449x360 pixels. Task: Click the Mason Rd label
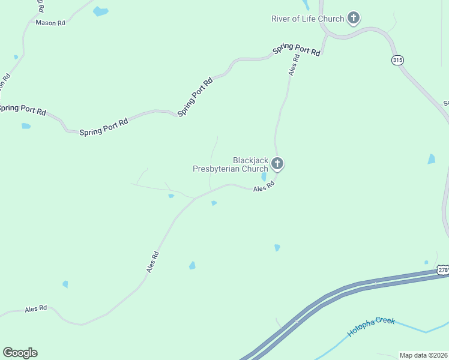point(50,23)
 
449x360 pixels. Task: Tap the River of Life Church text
point(307,19)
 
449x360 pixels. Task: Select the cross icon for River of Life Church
point(354,18)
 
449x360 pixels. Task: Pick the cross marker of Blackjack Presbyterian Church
point(277,163)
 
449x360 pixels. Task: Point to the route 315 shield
point(397,60)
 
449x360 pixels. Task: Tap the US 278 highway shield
point(442,271)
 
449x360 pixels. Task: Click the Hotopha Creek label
point(371,327)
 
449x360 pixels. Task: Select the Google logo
point(20,353)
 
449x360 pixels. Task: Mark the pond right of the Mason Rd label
point(101,11)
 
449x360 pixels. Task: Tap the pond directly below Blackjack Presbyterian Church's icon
point(264,177)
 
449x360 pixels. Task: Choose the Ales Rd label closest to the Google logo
point(35,309)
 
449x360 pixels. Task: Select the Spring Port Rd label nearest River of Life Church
point(297,50)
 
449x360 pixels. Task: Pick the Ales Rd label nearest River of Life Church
point(294,65)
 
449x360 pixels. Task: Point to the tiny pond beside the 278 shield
point(426,262)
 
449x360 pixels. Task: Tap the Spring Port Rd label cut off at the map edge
point(22,109)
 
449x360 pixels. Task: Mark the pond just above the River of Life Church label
point(307,5)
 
